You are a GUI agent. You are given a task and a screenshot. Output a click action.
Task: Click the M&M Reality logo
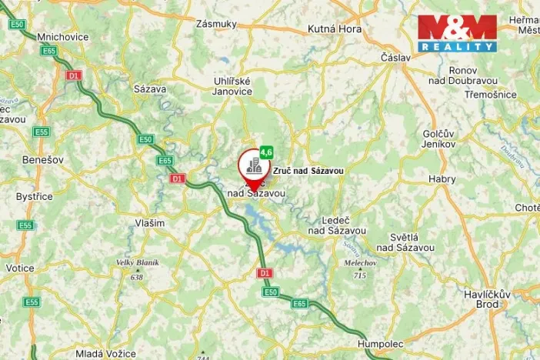point(457,33)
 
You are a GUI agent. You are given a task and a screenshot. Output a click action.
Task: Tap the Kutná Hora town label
point(335,29)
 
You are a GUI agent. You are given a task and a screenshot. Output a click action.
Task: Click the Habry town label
point(442,179)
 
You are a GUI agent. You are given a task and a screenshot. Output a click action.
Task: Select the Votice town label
point(19,268)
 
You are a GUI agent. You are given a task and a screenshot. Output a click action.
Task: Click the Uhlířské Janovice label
point(232,85)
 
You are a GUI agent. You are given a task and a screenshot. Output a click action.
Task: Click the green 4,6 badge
point(266,152)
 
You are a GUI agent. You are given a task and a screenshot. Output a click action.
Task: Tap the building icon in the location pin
point(253,164)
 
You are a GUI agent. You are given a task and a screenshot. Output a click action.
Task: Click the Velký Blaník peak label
point(137,262)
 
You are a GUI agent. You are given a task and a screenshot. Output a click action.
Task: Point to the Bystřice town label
point(35,196)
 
